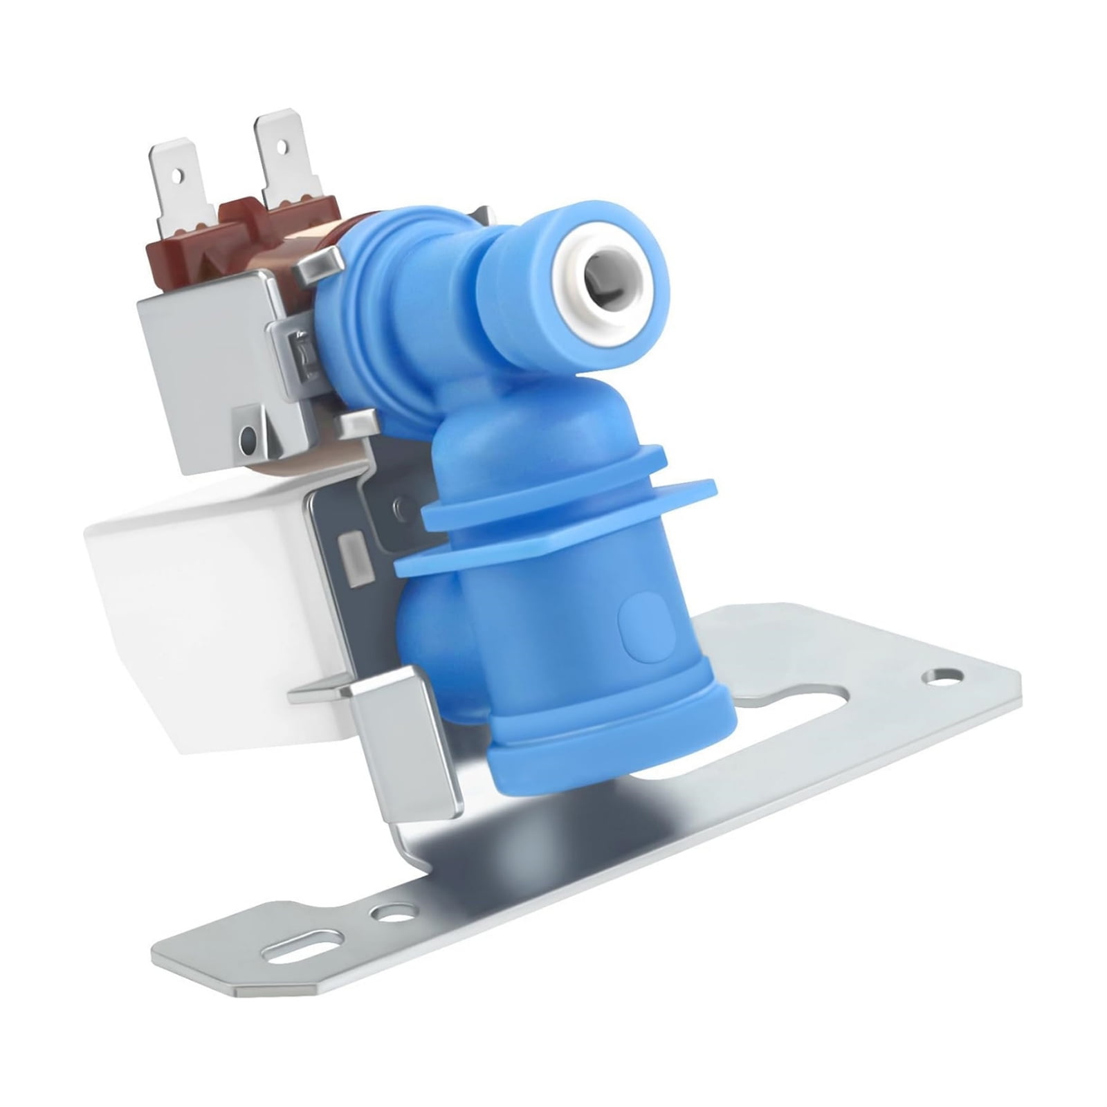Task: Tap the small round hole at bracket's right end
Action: [x=945, y=673]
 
